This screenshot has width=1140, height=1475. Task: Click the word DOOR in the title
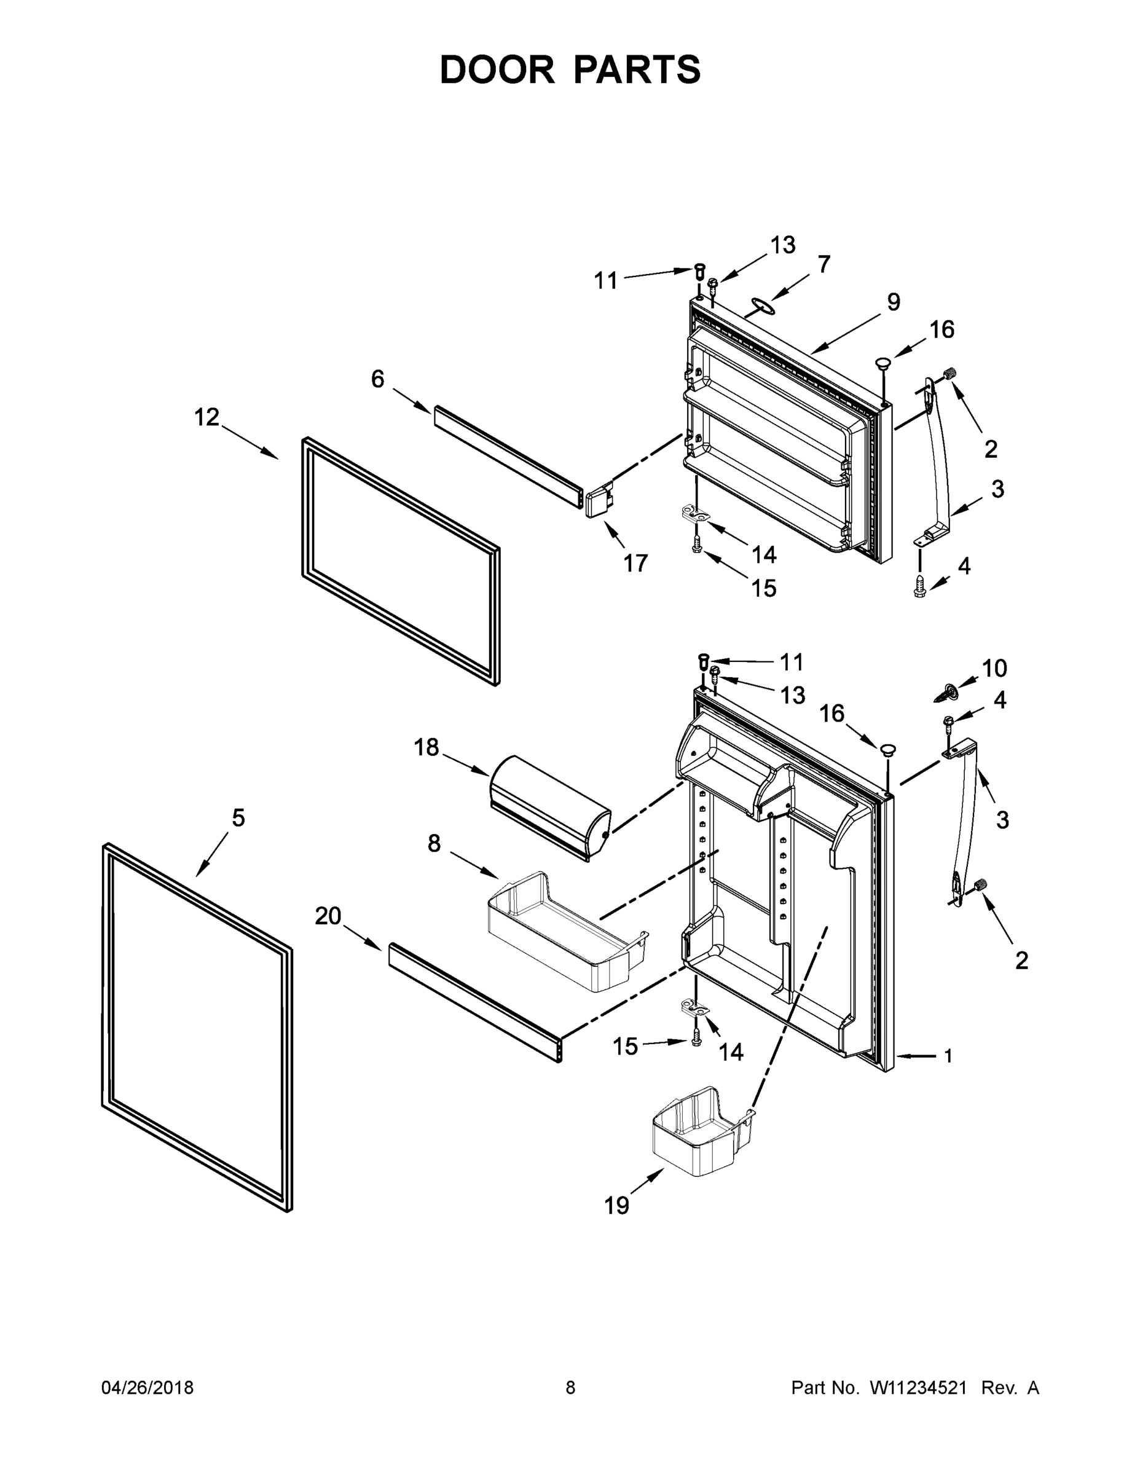497,69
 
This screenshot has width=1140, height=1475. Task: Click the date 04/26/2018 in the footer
147,1387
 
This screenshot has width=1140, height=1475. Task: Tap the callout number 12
206,417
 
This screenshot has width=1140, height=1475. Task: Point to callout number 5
238,818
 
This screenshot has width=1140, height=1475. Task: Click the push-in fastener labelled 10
949,691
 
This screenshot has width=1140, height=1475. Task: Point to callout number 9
894,301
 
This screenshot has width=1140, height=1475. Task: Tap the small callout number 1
948,1056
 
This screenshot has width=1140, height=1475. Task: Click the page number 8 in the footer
570,1387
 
